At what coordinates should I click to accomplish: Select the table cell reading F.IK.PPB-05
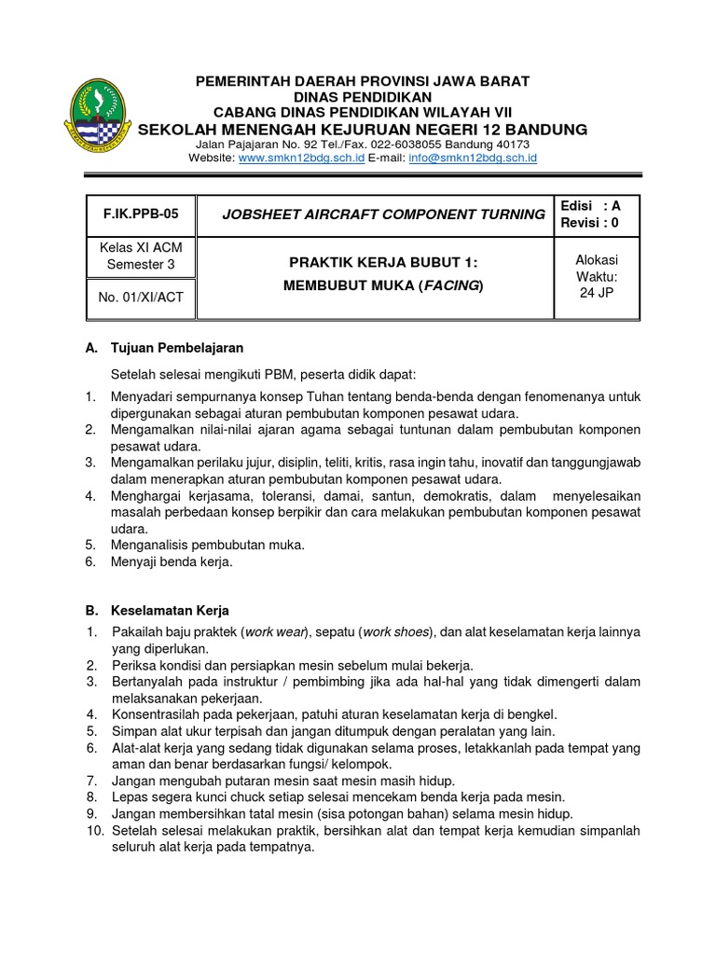(131, 214)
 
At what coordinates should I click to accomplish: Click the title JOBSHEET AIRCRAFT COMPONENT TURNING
(383, 215)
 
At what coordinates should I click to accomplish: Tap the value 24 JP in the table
(596, 293)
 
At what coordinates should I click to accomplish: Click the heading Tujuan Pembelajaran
(176, 348)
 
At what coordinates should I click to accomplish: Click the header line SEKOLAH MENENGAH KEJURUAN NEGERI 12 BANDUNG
(362, 128)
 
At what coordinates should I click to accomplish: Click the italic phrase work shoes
(396, 632)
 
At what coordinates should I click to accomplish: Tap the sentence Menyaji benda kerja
(172, 561)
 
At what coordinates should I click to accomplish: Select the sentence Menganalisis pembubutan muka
(207, 545)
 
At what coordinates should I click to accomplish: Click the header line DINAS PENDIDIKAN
(362, 96)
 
